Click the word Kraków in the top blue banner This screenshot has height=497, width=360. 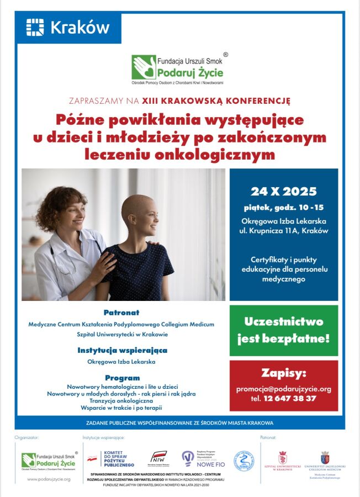pos(80,28)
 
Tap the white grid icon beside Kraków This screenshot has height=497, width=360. pos(35,28)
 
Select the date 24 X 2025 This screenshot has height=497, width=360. pos(284,192)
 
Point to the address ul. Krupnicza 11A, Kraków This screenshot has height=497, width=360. pos(284,231)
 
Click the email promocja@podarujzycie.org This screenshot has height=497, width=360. pos(284,389)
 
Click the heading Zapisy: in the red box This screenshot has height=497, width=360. pos(284,374)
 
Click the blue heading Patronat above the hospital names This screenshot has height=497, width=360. pos(121,313)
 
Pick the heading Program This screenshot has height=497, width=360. pos(122,378)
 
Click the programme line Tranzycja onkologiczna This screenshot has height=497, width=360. pos(121,401)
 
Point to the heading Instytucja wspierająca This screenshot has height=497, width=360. pos(122,350)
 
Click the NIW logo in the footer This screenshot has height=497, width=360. pos(158,458)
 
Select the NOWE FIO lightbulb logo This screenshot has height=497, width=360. pos(188,458)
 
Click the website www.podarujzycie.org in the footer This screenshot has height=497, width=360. pos(49,479)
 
